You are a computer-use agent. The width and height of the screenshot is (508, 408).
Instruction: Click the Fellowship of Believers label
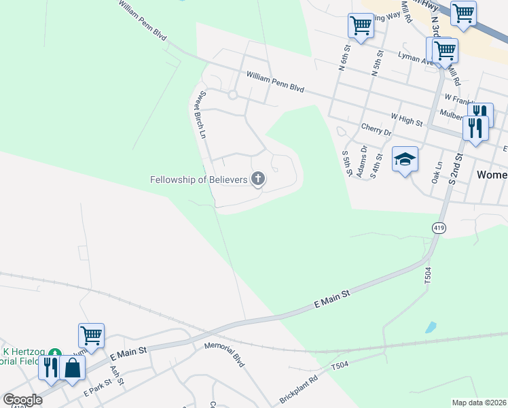tap(199, 180)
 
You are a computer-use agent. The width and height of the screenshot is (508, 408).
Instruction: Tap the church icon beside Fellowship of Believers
tap(258, 180)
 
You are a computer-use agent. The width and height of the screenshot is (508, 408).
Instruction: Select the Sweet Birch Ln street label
tap(201, 115)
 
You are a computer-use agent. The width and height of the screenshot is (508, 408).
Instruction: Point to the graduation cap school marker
tap(405, 160)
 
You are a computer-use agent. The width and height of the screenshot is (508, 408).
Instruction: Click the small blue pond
tap(431, 327)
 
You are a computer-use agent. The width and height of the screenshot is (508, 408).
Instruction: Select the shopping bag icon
tap(72, 368)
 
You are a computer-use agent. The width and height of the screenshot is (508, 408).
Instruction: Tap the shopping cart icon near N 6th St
tap(361, 26)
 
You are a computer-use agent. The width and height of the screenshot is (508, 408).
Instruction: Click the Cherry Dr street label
tap(376, 130)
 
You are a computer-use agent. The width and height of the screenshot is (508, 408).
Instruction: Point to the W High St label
tap(407, 120)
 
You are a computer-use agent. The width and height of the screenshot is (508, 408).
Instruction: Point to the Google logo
tap(22, 400)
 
